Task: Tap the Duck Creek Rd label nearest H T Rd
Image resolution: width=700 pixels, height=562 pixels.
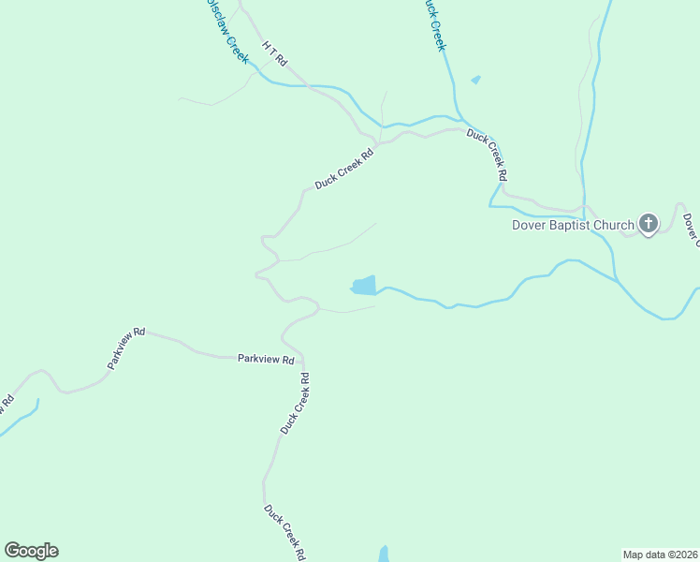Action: point(344,169)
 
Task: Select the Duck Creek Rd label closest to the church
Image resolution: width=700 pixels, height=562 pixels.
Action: point(488,155)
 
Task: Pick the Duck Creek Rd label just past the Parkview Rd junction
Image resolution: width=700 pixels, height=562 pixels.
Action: point(295,403)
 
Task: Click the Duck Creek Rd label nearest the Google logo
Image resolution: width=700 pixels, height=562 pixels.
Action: point(284,533)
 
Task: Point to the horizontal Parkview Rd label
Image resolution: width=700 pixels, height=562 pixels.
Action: point(266,359)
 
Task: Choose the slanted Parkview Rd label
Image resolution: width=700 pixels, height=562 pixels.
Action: point(126,348)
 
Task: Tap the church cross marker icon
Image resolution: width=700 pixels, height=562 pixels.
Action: point(648,223)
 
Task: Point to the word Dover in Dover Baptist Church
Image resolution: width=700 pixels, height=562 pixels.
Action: point(530,225)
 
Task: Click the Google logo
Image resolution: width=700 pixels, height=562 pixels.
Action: point(31,551)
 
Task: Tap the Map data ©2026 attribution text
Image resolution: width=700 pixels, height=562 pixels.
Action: point(661,554)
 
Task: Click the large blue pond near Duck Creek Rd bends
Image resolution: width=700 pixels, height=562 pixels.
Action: point(363,285)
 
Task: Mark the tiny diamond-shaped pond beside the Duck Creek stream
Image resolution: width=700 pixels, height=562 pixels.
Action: point(475,80)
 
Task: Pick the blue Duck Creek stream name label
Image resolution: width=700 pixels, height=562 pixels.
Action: point(432,23)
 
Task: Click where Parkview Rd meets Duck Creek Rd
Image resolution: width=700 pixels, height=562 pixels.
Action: point(301,356)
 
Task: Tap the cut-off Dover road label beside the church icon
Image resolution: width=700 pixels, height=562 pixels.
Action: point(691,230)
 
